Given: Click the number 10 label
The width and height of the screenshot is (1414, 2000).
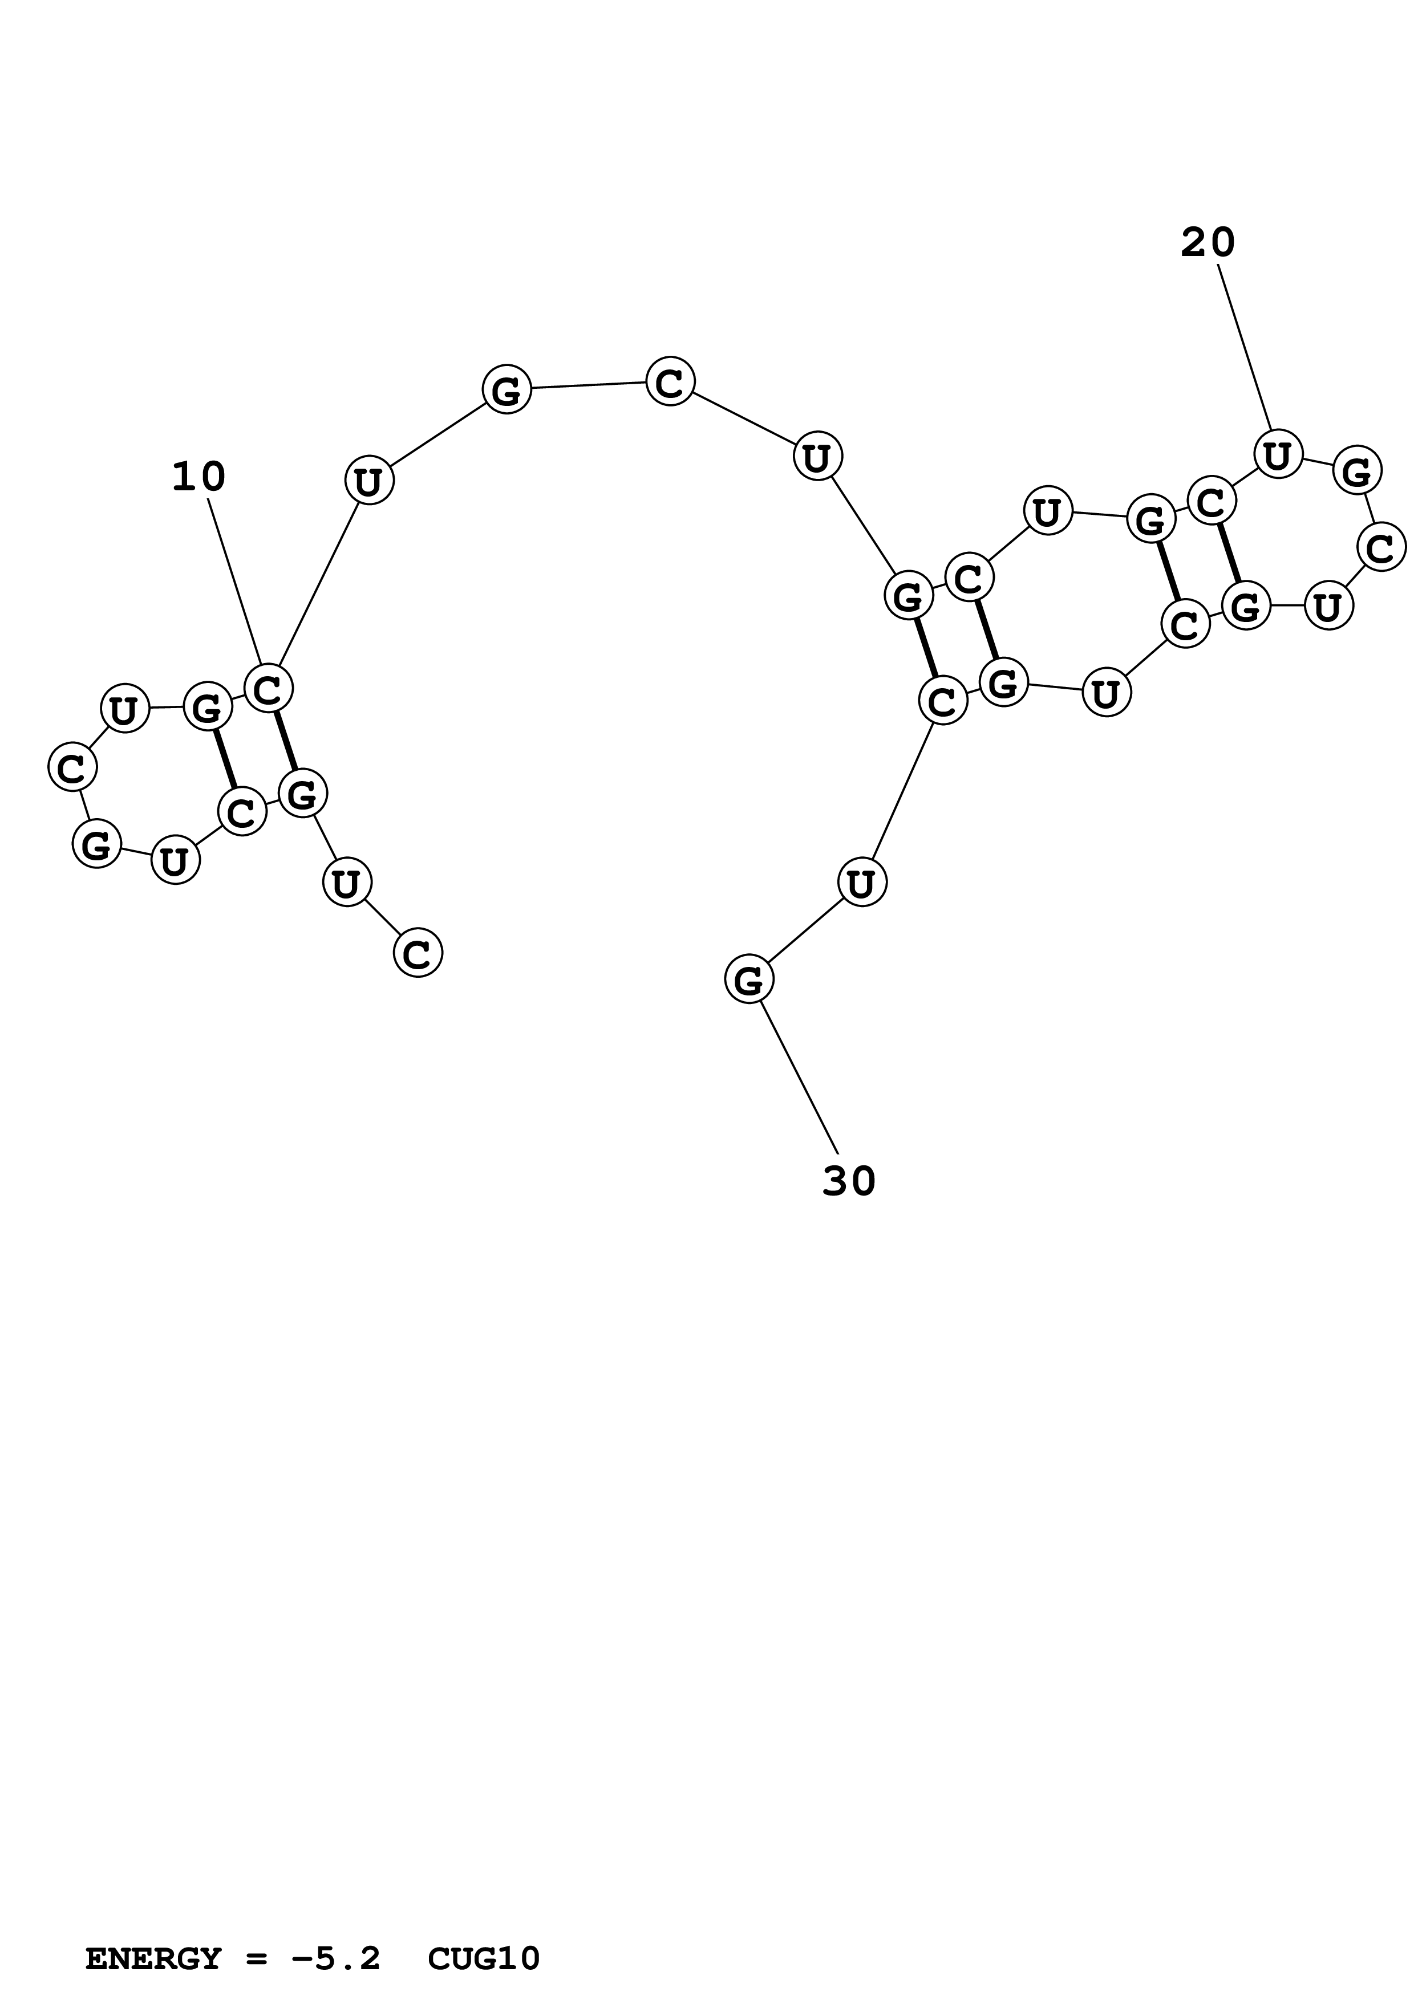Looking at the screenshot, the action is pos(198,477).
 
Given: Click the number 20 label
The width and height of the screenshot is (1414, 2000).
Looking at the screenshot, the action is pos(1208,242).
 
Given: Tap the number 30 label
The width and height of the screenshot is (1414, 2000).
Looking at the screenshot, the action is pos(849,1181).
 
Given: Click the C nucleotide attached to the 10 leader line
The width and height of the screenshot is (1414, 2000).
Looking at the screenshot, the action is pos(268,690).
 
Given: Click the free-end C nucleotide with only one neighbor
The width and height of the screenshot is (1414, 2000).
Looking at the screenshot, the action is pos(418,953).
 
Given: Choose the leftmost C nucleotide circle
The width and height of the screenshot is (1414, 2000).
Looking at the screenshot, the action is pos(71,767).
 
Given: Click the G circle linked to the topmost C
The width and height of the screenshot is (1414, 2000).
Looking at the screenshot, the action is pos(506,389).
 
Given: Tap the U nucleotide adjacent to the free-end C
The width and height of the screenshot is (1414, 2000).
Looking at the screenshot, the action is pos(347,883).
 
